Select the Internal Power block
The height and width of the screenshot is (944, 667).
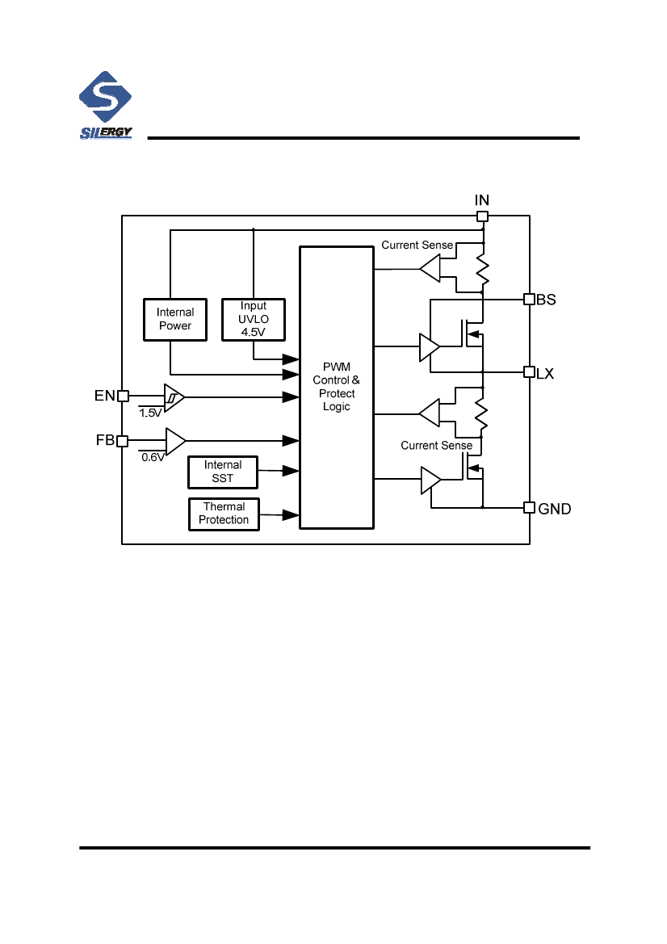coord(174,319)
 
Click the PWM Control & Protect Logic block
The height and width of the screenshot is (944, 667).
coord(336,388)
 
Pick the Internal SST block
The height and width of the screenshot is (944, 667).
coord(223,472)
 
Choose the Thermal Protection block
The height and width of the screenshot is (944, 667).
coord(224,514)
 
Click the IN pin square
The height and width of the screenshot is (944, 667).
coord(482,216)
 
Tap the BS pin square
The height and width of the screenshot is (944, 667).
coord(530,299)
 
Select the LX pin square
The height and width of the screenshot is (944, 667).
coord(530,372)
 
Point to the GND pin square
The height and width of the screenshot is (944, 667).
coord(530,507)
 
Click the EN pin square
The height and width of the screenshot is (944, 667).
coord(123,396)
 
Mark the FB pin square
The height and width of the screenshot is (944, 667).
coord(123,441)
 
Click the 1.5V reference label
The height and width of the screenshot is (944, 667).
coord(150,413)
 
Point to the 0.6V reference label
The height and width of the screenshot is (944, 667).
coord(153,457)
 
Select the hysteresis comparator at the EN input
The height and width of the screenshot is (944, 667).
coord(174,396)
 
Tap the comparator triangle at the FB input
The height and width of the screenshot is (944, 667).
coord(175,441)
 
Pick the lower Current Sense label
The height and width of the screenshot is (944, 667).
coord(436,445)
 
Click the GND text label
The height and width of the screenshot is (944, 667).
coord(555,509)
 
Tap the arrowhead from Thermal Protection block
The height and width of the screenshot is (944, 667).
coord(291,514)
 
